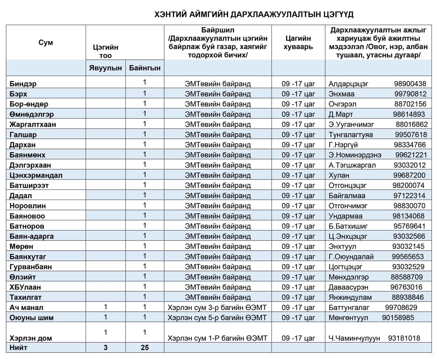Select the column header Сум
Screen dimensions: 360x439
(x=46, y=43)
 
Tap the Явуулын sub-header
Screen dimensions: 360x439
(x=105, y=68)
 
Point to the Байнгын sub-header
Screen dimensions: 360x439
(x=145, y=68)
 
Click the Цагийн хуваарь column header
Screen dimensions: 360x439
(x=298, y=43)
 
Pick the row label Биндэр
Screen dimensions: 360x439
(x=23, y=84)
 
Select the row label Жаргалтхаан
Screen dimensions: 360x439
(x=33, y=124)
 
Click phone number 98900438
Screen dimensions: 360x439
(x=410, y=84)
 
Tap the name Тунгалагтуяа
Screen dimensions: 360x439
(x=351, y=135)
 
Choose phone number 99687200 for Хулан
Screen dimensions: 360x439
(x=409, y=175)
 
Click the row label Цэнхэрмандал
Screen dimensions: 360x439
(x=36, y=175)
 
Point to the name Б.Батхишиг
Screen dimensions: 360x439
(x=348, y=226)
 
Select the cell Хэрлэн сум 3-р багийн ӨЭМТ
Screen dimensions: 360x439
(x=217, y=307)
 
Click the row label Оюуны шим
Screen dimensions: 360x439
(x=32, y=318)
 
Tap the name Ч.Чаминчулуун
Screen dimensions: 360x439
(x=354, y=338)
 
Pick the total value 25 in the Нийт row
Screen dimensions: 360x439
(x=145, y=348)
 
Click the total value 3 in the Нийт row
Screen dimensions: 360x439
(x=105, y=348)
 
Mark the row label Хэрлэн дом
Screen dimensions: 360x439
(x=31, y=338)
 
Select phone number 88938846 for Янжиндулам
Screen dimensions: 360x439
(x=407, y=297)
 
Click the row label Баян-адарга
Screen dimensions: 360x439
(x=32, y=236)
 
